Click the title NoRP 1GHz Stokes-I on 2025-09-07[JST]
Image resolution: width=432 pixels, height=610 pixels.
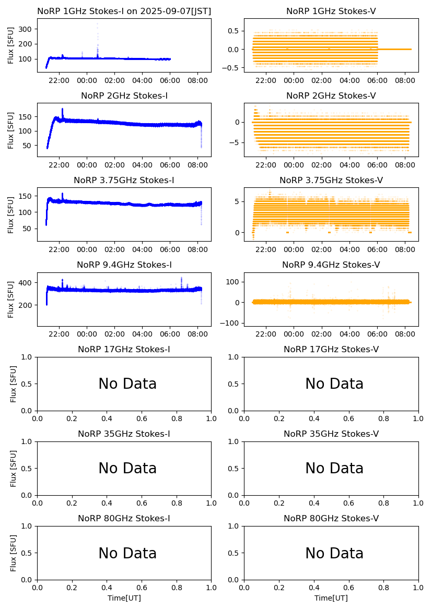pyautogui.click(x=124, y=11)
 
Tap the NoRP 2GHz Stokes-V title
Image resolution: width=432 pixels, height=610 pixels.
pyautogui.click(x=331, y=95)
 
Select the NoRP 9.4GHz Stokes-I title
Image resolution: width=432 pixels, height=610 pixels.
pyautogui.click(x=124, y=265)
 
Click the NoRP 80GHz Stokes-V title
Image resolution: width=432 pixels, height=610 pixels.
pyautogui.click(x=331, y=518)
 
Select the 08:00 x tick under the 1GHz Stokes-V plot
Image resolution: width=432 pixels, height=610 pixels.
pyautogui.click(x=405, y=80)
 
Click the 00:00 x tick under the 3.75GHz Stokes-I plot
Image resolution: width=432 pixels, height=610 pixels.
pyautogui.click(x=87, y=249)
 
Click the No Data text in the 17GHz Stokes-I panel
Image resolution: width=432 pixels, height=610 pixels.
pyautogui.click(x=127, y=384)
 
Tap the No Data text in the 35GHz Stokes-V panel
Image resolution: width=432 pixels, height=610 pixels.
pyautogui.click(x=334, y=469)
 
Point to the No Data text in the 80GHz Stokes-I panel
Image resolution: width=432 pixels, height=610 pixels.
pyautogui.click(x=127, y=553)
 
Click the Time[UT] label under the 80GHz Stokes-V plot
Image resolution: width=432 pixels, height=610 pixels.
pyautogui.click(x=331, y=598)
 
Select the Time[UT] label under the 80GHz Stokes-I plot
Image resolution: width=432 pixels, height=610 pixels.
pyautogui.click(x=124, y=598)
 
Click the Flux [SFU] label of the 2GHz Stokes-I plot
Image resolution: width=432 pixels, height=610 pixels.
pyautogui.click(x=11, y=129)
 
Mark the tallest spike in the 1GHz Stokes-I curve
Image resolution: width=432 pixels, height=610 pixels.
pyautogui.click(x=97, y=25)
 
